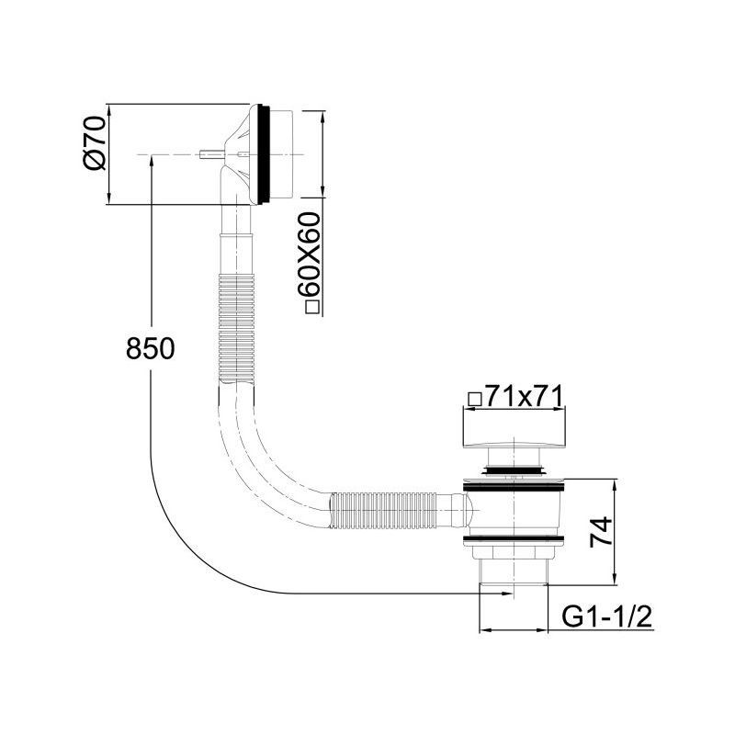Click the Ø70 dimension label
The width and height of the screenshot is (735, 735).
(95, 143)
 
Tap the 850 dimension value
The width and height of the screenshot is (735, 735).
(150, 349)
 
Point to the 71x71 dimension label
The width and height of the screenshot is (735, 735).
(523, 398)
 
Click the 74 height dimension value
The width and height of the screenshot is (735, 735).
(601, 531)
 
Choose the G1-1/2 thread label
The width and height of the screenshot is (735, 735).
(606, 616)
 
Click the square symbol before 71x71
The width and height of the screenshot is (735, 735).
(475, 400)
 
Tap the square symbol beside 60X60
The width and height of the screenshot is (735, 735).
(312, 307)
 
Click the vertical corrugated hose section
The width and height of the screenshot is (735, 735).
(237, 329)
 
